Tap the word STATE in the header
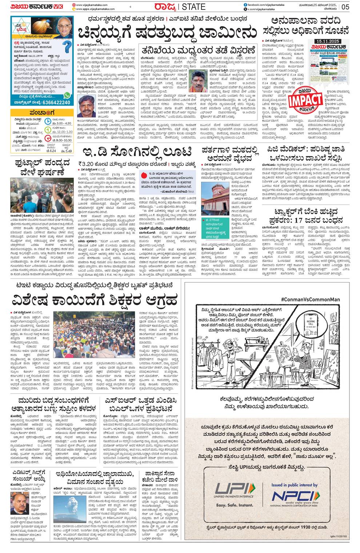click(x=193, y=7)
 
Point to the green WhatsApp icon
click(x=67, y=95)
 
